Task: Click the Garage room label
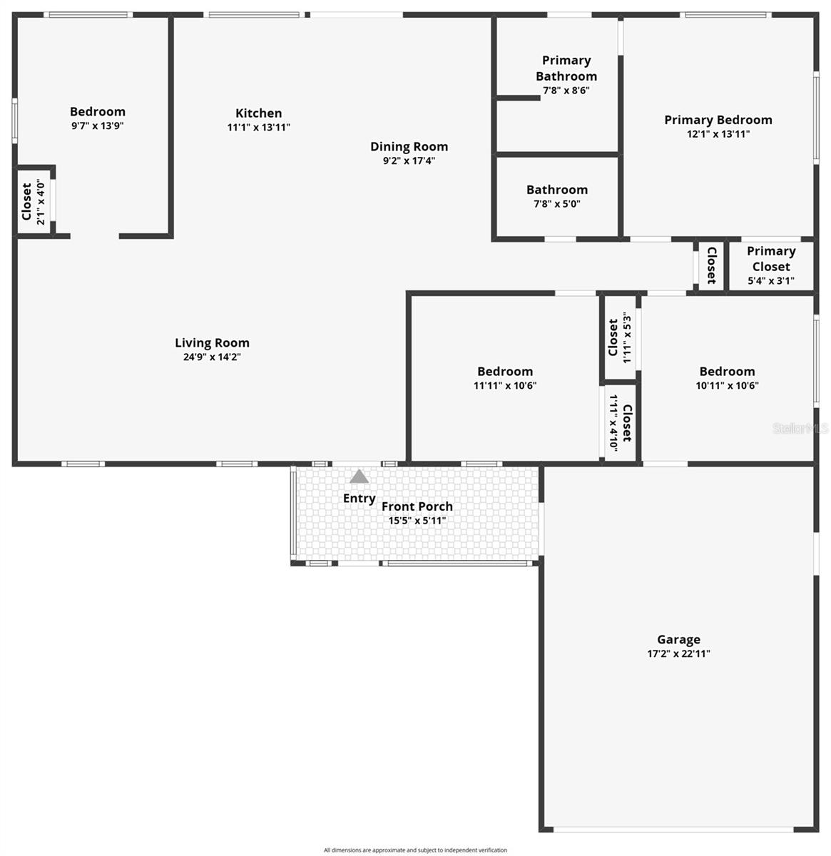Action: coord(678,639)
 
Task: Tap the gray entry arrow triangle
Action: coord(359,477)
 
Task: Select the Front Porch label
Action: coord(417,506)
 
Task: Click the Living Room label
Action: coord(212,343)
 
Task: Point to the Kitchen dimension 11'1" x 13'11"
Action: coord(258,128)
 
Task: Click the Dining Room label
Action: coord(409,146)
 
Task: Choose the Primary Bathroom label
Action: coord(566,68)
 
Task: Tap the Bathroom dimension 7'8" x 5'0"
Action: coord(557,203)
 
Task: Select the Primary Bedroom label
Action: coord(718,120)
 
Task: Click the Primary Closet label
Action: coord(771,258)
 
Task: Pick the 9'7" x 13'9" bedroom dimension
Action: coord(98,126)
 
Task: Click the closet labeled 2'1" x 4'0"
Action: coord(32,203)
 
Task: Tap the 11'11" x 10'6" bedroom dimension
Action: coord(505,385)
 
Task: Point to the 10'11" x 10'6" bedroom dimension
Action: coord(727,385)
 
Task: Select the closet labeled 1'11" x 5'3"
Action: coord(619,337)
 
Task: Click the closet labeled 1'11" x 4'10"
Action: coord(620,423)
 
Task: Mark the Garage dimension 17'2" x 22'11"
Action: coord(678,653)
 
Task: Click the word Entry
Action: coord(359,498)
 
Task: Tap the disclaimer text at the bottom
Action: coord(415,850)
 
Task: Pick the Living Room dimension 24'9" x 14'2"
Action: coord(212,357)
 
